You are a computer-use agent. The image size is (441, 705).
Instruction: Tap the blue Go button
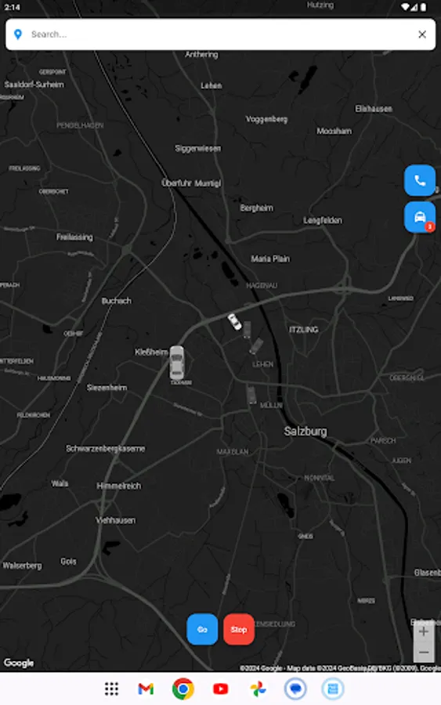[202, 629]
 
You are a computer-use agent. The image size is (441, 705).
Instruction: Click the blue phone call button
[420, 180]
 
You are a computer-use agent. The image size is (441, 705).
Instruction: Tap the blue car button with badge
[420, 217]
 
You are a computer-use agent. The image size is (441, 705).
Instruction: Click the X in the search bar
[422, 34]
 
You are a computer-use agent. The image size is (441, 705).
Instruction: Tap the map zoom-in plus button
[424, 631]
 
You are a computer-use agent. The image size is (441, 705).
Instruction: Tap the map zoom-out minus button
[424, 653]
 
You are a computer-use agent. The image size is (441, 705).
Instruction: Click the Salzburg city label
[305, 432]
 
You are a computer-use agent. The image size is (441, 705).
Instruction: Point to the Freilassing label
[74, 237]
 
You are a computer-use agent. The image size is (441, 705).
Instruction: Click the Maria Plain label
[270, 258]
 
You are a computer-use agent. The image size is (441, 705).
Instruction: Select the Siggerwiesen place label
[197, 148]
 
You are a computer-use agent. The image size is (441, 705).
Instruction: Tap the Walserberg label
[22, 565]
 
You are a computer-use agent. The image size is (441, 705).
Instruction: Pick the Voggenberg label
[266, 119]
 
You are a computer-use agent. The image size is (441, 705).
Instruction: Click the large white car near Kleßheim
[177, 362]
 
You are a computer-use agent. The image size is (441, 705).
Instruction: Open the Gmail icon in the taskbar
[146, 689]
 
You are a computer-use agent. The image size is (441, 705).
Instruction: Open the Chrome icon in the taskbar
[183, 689]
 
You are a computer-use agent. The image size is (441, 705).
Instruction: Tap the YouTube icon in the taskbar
[221, 689]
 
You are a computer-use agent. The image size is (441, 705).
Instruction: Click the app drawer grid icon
[111, 689]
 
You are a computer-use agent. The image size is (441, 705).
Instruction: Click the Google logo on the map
[19, 663]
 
